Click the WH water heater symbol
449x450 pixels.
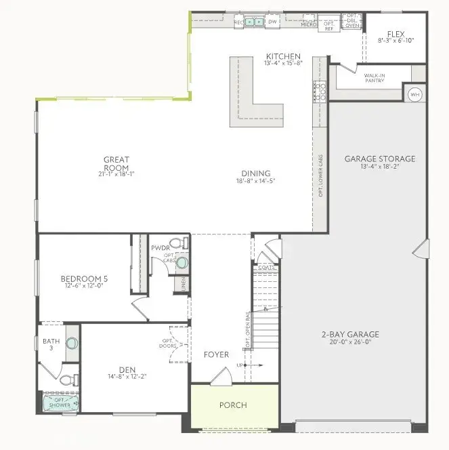(414, 94)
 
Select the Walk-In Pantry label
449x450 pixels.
(374, 78)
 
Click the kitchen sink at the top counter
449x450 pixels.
(255, 22)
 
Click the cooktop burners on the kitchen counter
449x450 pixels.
(319, 91)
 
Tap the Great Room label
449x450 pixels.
(116, 163)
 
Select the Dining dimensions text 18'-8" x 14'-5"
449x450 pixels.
(253, 182)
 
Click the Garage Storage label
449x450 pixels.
(380, 160)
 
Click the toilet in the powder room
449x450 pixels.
(175, 242)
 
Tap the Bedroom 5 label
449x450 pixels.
(84, 279)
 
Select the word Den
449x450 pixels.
(127, 369)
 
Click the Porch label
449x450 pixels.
(233, 405)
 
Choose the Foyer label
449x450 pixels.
(216, 354)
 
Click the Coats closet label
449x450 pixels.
(265, 267)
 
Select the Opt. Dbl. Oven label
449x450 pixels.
(351, 22)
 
